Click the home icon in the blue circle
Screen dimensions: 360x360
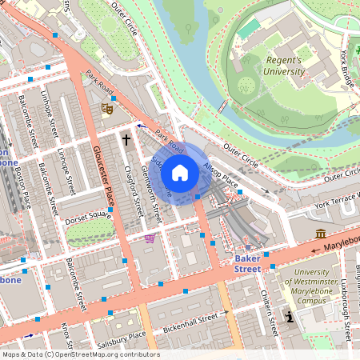[180, 172]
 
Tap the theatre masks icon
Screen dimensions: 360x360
[106, 108]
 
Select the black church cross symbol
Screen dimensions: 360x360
[126, 140]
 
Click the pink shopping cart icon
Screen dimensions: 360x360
[150, 238]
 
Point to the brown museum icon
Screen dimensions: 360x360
[321, 234]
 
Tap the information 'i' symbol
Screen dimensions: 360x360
[290, 318]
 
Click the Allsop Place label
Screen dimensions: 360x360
[221, 175]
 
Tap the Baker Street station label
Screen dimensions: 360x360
[246, 265]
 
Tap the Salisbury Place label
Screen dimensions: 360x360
[120, 335]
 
